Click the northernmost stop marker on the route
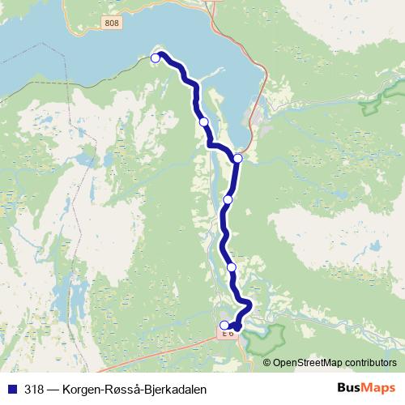[x=156, y=58]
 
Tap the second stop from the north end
[x=204, y=122]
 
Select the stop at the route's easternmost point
[x=237, y=158]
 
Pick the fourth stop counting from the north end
[x=228, y=198]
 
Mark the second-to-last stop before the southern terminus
[x=232, y=267]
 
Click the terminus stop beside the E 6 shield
[x=224, y=326]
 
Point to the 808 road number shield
[x=112, y=23]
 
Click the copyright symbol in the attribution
[x=267, y=363]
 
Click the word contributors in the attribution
[x=371, y=363]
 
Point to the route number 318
[x=35, y=390]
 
